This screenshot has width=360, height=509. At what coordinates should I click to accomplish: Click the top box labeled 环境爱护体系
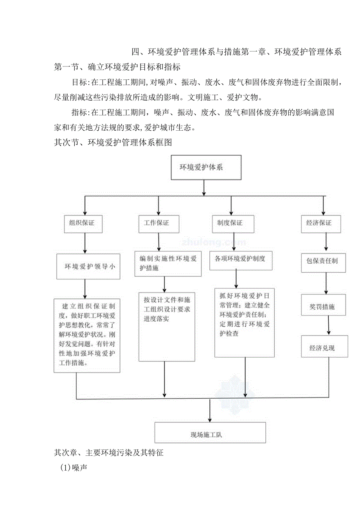[x=206, y=167]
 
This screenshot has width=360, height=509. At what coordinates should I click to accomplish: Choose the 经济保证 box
[x=320, y=223]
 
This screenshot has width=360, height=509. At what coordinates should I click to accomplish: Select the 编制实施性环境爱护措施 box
[x=168, y=263]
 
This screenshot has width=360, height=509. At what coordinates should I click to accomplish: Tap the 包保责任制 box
[x=323, y=261]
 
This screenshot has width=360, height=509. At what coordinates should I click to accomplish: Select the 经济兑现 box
[x=324, y=347]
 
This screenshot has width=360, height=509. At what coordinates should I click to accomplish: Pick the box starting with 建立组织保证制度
[x=87, y=336]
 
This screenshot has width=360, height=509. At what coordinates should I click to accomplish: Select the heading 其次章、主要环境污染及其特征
[x=108, y=453]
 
